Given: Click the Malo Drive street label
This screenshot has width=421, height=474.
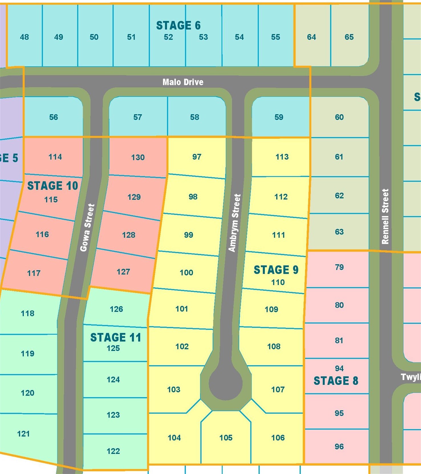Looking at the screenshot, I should (x=183, y=82).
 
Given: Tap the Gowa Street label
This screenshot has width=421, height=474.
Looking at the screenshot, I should (x=87, y=228).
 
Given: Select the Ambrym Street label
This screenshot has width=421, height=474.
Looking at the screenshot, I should (x=235, y=223).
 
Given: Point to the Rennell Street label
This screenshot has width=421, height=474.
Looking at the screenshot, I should (x=385, y=217).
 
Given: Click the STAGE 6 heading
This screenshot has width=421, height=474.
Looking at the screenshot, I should (x=178, y=25).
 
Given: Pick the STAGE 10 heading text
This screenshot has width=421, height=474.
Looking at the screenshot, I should (x=52, y=186).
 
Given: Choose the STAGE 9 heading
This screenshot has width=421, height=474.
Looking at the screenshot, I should (x=276, y=270).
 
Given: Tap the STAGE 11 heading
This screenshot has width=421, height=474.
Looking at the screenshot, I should (x=116, y=337).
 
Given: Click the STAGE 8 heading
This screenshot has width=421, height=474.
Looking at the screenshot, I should (x=336, y=381).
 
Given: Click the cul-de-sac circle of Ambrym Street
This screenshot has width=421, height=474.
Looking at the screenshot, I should (x=225, y=383).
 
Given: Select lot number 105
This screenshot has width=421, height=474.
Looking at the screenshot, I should (x=226, y=438).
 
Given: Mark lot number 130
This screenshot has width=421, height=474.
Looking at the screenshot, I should (x=138, y=157).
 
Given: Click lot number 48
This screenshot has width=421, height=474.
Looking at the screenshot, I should (x=24, y=37).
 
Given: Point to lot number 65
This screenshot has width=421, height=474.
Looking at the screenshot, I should (x=349, y=37).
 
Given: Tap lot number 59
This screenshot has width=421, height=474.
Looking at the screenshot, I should (x=279, y=117).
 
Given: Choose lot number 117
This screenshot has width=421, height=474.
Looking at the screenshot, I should (x=34, y=273).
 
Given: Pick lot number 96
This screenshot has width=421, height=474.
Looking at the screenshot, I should (x=339, y=446).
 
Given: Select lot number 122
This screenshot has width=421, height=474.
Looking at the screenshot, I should (x=113, y=451).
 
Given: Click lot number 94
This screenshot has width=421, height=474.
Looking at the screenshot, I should (x=339, y=368).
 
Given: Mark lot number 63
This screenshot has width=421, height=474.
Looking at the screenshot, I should (x=339, y=232).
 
